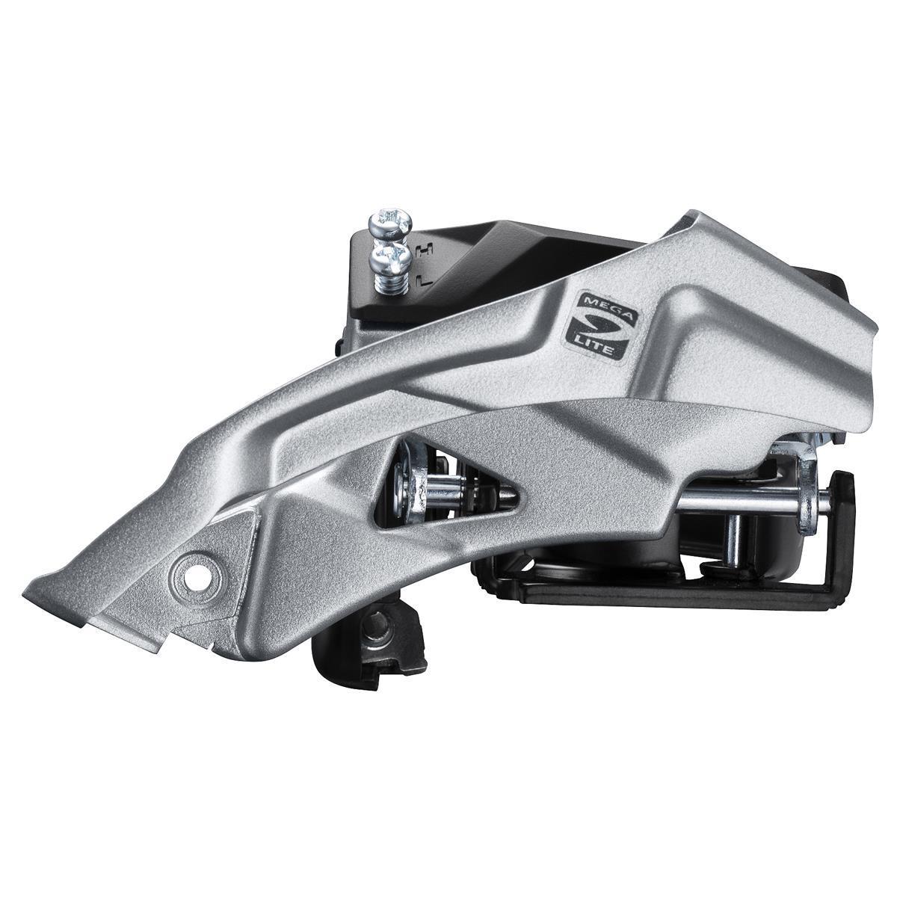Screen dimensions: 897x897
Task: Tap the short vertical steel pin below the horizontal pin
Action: coord(733,538)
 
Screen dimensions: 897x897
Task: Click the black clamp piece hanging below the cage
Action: coord(370,650)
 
